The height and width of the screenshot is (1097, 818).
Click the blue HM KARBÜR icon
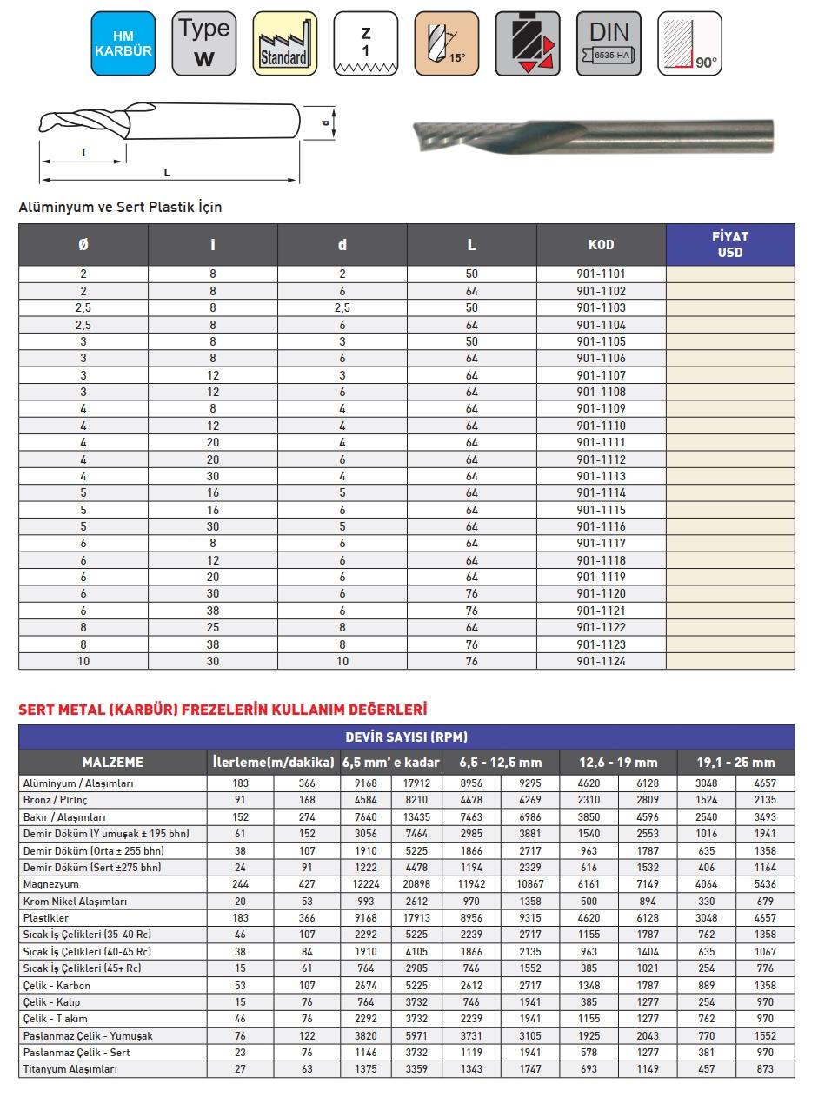point(123,43)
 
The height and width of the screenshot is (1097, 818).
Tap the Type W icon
point(204,43)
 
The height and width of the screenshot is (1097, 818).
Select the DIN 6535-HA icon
point(609,43)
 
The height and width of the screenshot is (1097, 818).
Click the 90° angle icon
point(689,43)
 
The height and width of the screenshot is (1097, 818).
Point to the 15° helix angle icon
point(447,43)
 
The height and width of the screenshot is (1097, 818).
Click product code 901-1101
point(601,274)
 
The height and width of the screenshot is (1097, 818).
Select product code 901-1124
point(601,661)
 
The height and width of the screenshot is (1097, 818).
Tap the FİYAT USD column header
point(729,245)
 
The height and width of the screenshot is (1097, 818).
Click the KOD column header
point(601,245)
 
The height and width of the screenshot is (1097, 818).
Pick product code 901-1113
point(601,476)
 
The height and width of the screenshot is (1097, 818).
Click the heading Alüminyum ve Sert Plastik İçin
point(120,208)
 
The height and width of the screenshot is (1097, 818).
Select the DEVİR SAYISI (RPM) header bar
point(406,737)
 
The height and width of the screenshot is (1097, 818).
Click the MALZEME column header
point(112,763)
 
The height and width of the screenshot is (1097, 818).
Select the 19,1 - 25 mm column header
point(735,763)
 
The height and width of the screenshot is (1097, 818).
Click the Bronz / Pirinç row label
point(55,800)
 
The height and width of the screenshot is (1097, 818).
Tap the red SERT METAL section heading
point(223,710)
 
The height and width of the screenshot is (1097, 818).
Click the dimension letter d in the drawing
point(324,122)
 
